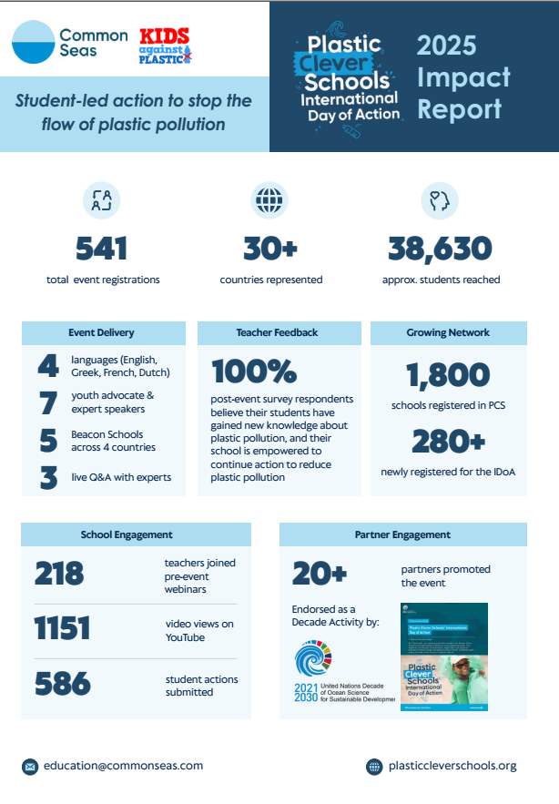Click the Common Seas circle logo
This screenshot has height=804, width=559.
[x=34, y=42]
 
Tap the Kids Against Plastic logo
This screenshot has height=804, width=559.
[x=165, y=46]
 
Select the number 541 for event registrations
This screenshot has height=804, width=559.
[x=102, y=248]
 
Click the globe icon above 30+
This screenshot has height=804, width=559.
[x=269, y=200]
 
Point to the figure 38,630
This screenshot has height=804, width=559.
[x=440, y=248]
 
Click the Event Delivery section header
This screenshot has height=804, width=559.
[x=103, y=332]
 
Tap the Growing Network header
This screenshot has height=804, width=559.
[x=448, y=332]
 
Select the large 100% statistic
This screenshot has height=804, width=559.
[x=254, y=371]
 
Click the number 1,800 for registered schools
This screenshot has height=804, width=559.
[x=448, y=374]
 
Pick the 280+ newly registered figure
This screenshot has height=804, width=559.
[x=447, y=441]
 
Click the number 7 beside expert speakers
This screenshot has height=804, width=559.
[x=48, y=402]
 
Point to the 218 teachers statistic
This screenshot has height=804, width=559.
[x=60, y=573]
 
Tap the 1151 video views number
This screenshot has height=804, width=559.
[x=62, y=628]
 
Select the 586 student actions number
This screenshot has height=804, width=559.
[x=63, y=684]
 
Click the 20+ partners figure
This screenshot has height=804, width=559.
[x=320, y=573]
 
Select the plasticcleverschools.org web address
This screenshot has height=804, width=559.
[x=452, y=766]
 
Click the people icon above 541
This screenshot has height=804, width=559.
[x=101, y=200]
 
